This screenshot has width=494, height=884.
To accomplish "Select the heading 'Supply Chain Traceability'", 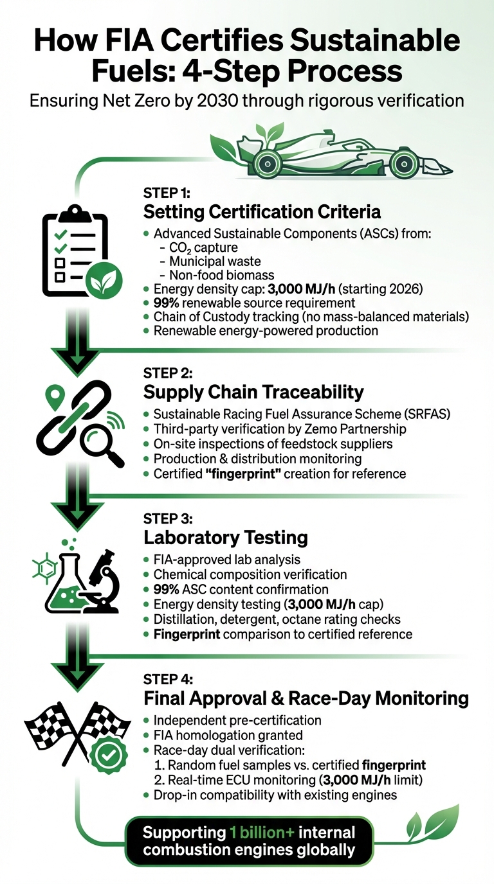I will point(253,392).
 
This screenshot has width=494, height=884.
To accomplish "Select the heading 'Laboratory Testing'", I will point(225,537).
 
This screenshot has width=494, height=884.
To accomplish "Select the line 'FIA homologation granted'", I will point(228,734).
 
